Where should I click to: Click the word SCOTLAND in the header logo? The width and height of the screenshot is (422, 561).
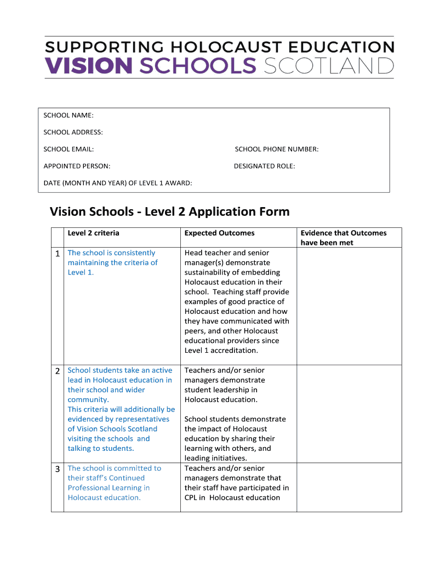[329, 66]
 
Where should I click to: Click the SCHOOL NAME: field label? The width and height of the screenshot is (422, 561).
[69, 115]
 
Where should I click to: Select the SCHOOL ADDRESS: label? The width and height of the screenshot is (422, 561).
[73, 132]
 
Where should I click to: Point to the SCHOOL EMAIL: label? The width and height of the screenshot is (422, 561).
[69, 149]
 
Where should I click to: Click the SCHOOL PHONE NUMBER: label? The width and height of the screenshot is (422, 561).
[277, 149]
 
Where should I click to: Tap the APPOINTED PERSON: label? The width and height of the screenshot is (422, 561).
[77, 166]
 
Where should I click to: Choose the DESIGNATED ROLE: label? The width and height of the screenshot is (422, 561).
[264, 166]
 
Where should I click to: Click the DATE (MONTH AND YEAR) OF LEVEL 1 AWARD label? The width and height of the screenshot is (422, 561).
[118, 183]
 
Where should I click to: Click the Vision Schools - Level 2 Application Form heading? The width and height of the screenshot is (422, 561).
[169, 211]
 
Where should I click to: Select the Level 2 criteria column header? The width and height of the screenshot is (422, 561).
[93, 233]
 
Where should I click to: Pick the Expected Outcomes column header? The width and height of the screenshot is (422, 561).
[219, 233]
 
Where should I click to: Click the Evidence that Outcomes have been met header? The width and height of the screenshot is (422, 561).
[343, 238]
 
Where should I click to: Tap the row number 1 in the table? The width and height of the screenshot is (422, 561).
[58, 253]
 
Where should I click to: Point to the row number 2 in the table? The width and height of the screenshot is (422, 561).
[58, 371]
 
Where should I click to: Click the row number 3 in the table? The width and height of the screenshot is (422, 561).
[58, 469]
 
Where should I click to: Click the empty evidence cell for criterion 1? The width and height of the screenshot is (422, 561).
[349, 306]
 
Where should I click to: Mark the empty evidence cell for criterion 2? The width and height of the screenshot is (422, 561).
[349, 414]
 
